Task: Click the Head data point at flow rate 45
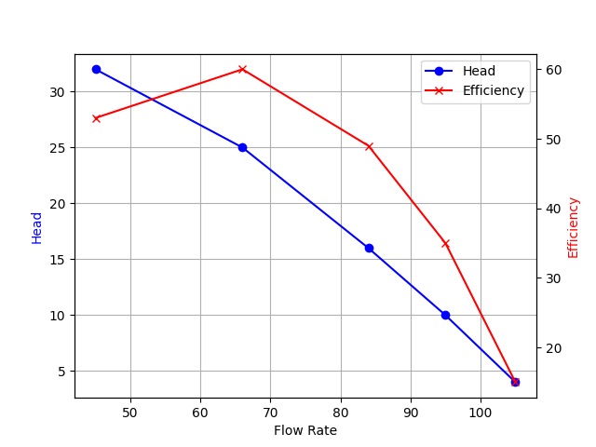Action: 96,70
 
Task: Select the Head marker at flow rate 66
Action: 242,147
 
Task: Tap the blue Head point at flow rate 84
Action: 369,248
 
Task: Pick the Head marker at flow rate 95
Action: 445,315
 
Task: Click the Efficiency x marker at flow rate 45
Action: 96,118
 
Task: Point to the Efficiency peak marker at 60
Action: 242,70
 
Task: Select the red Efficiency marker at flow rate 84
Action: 369,146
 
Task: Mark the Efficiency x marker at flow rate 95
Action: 445,243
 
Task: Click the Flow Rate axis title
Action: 305,430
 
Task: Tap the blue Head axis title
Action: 37,227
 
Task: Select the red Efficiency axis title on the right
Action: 574,227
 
